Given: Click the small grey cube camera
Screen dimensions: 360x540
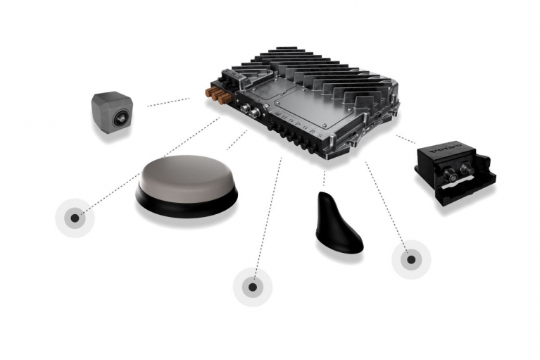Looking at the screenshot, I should pos(112,111).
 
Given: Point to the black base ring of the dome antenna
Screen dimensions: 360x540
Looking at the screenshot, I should pos(187,206).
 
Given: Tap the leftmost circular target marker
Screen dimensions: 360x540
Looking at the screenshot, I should pos(75,218).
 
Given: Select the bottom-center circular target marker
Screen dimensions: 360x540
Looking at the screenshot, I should pos(253,287).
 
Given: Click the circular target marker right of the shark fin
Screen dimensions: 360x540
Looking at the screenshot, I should pos(410,259).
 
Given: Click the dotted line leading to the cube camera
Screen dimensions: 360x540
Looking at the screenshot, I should pos(168,102).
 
